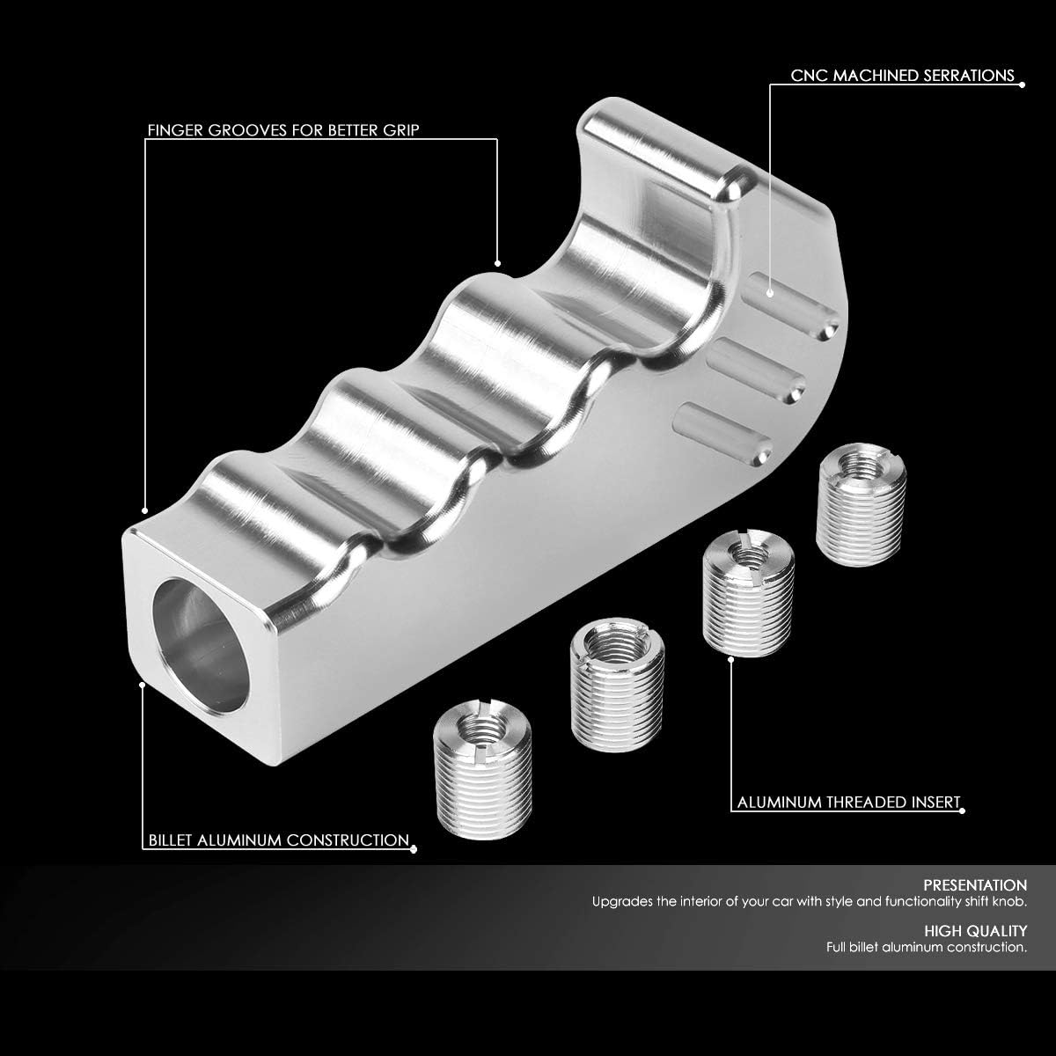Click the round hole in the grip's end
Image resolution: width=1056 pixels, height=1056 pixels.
(x=201, y=646)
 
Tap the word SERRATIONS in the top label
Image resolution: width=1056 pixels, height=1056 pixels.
(x=969, y=76)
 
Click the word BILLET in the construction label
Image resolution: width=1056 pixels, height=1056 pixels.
(x=171, y=840)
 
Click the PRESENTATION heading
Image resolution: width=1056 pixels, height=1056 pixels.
(x=975, y=885)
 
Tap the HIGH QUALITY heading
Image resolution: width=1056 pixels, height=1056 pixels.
(x=975, y=930)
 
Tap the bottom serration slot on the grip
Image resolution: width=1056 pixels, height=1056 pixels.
(x=724, y=435)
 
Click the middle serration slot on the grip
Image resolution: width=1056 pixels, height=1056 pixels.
(x=757, y=371)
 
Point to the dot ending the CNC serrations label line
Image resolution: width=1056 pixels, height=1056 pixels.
(x=1023, y=84)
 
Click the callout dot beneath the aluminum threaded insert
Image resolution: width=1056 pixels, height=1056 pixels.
(x=731, y=659)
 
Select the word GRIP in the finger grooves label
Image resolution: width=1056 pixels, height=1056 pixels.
(x=401, y=130)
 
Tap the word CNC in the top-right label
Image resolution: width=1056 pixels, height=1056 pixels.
(x=809, y=76)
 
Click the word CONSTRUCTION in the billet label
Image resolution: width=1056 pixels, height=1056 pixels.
(x=348, y=840)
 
